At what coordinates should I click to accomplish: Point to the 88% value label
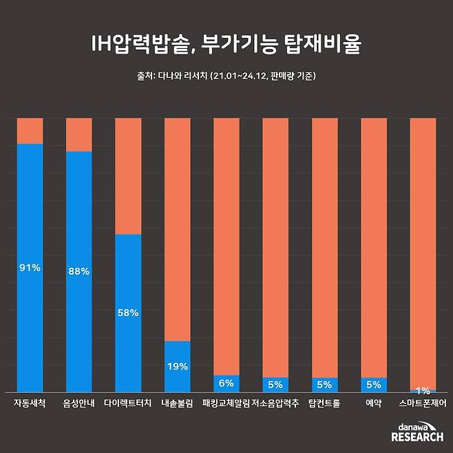coord(78,271)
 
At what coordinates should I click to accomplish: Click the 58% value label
coord(128,313)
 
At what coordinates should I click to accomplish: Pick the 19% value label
coord(177,366)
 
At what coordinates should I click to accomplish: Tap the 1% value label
coord(422,390)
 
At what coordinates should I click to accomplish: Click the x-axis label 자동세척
coord(30,403)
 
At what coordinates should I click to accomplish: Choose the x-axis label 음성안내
coord(78,403)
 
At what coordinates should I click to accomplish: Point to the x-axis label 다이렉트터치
coord(128,403)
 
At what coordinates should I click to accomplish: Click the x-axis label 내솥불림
coord(177,403)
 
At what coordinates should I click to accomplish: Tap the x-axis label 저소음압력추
coord(275,403)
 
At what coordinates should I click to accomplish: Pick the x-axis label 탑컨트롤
coord(324,403)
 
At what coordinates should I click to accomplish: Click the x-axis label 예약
coord(374,403)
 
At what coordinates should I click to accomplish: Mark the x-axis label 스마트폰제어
coord(422,403)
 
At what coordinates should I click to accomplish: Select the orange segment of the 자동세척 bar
coord(30,131)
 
